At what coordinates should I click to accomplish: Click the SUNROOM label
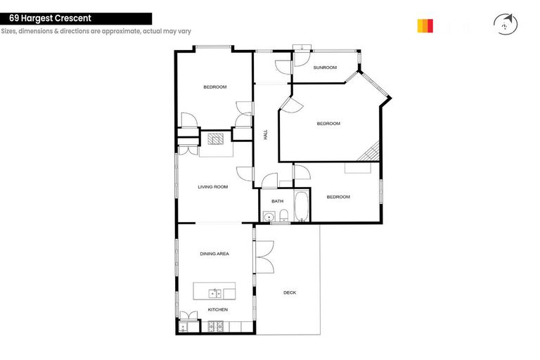pos(325,67)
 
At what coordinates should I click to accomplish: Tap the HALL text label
pos(266,134)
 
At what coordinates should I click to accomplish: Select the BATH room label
pos(277,201)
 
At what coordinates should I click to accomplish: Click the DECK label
pos(290,292)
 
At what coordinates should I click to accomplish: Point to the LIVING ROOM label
pos(212,187)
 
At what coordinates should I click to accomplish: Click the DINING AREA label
pos(214,253)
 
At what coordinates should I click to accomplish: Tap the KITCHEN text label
pos(217,310)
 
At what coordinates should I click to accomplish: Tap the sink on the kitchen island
pos(214,292)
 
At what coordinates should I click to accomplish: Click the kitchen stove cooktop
pos(215,326)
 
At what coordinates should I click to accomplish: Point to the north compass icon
pos(506,25)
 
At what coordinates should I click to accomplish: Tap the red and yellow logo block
pos(425,26)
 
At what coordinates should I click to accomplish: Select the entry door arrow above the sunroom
pos(301,48)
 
